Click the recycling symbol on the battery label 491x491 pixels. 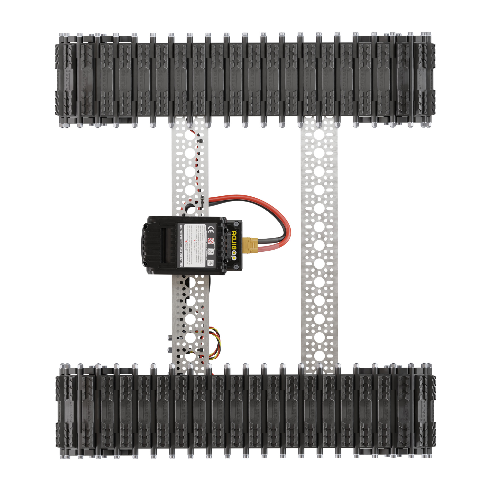(x=210, y=263)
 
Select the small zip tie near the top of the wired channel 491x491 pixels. (x=200, y=141)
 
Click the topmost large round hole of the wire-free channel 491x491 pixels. (x=319, y=135)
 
